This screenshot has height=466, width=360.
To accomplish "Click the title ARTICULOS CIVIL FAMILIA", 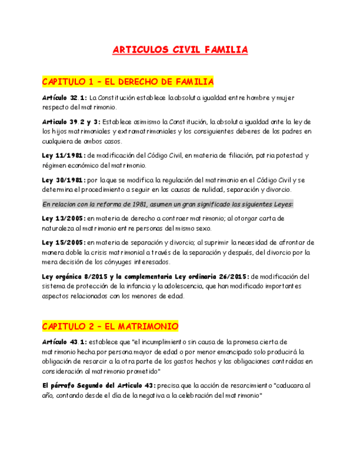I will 180,50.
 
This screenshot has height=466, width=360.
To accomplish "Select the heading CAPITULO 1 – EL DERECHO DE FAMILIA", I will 128,82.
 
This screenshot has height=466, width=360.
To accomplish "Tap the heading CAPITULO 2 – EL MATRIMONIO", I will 110,326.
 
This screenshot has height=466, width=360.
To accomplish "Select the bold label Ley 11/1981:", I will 64,156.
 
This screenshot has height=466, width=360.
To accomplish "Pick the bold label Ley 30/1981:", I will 64,180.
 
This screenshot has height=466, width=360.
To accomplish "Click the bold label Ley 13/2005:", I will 64,218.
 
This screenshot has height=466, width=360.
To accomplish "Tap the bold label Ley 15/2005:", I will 64,242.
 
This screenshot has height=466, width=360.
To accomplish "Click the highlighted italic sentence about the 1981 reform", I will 168,204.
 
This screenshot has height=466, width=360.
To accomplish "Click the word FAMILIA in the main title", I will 225,50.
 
